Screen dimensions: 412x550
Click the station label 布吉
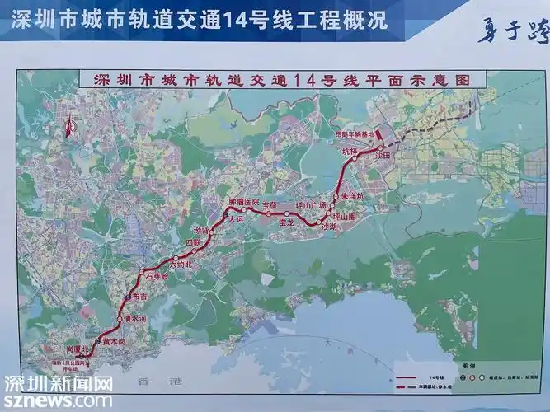139,296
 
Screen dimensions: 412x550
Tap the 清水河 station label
134,319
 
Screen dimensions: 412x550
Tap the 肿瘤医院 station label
244,202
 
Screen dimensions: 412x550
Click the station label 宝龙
287,223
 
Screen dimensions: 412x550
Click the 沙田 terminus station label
382,154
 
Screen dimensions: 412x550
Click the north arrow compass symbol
68,126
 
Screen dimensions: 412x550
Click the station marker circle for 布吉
127,294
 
